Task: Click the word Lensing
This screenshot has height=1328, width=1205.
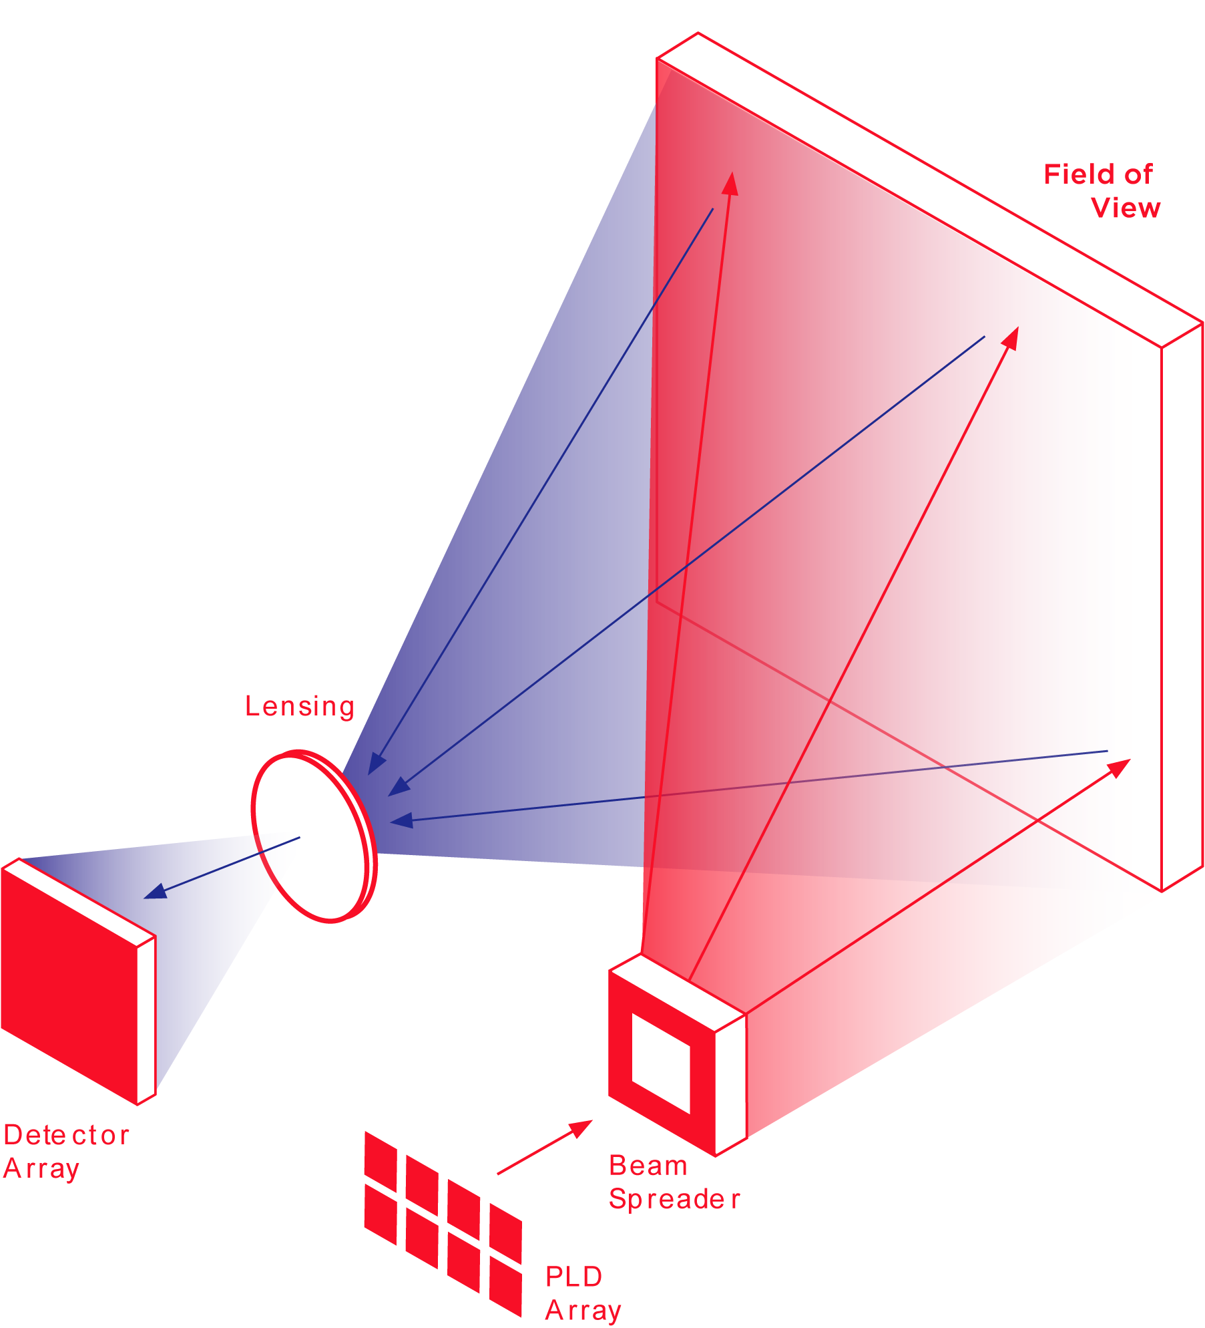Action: click(299, 706)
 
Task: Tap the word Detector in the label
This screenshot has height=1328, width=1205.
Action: click(66, 1135)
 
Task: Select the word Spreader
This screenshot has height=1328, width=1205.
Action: click(674, 1199)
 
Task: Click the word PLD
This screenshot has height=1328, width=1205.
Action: click(573, 1277)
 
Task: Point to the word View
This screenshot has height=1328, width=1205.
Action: click(1126, 208)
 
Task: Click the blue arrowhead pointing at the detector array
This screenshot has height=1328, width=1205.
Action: click(155, 892)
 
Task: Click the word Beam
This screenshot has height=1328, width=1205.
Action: click(648, 1166)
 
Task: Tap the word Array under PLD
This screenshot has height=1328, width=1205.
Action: click(583, 1311)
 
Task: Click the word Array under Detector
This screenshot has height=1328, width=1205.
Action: click(41, 1168)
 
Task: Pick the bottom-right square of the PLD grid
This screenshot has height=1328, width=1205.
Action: click(505, 1285)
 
